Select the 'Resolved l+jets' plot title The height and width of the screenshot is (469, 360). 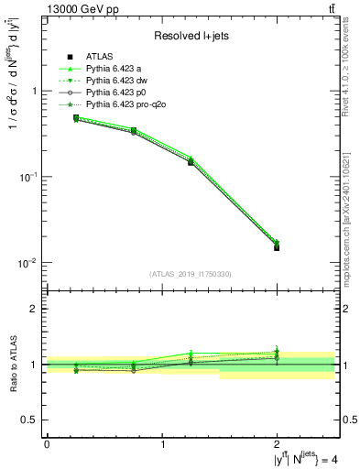pos(191,36)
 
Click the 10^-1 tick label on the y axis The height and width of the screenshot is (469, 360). pos(30,177)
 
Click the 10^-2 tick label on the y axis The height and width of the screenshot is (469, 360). pos(30,263)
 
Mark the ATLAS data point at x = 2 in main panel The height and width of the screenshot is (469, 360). pos(278,247)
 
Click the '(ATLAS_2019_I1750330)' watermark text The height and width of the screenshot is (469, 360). pos(191,274)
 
